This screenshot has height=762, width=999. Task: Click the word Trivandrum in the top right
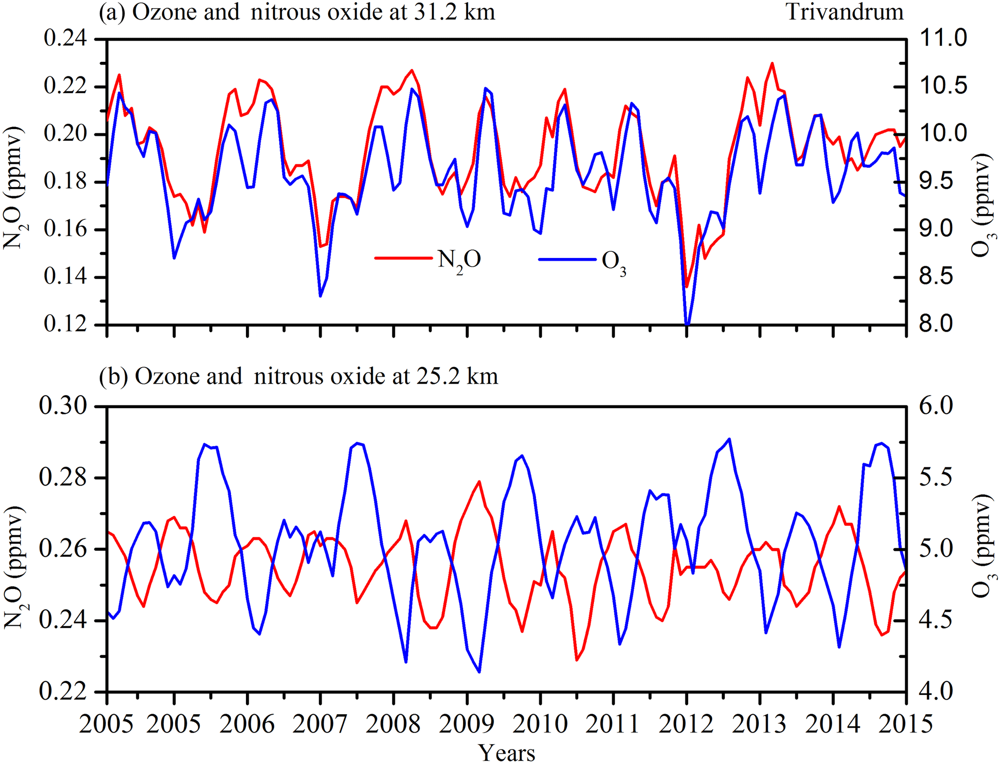pyautogui.click(x=844, y=12)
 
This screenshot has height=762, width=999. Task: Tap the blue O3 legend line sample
pyautogui.click(x=567, y=259)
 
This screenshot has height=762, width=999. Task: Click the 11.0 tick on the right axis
pyautogui.click(x=943, y=39)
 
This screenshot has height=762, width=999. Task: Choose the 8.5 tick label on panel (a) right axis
pyautogui.click(x=943, y=277)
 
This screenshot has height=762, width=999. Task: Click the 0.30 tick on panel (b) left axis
pyautogui.click(x=63, y=406)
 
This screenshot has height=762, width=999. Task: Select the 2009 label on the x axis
pyautogui.click(x=466, y=723)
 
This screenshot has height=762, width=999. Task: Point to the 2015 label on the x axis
pyautogui.click(x=905, y=723)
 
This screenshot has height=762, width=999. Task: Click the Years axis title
pyautogui.click(x=507, y=752)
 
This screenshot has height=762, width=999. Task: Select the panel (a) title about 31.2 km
pyautogui.click(x=297, y=12)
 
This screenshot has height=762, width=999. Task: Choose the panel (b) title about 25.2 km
pyautogui.click(x=298, y=376)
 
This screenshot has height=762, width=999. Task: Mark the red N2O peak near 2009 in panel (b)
pyautogui.click(x=479, y=481)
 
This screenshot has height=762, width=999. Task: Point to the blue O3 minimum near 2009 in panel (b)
pyautogui.click(x=479, y=672)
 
